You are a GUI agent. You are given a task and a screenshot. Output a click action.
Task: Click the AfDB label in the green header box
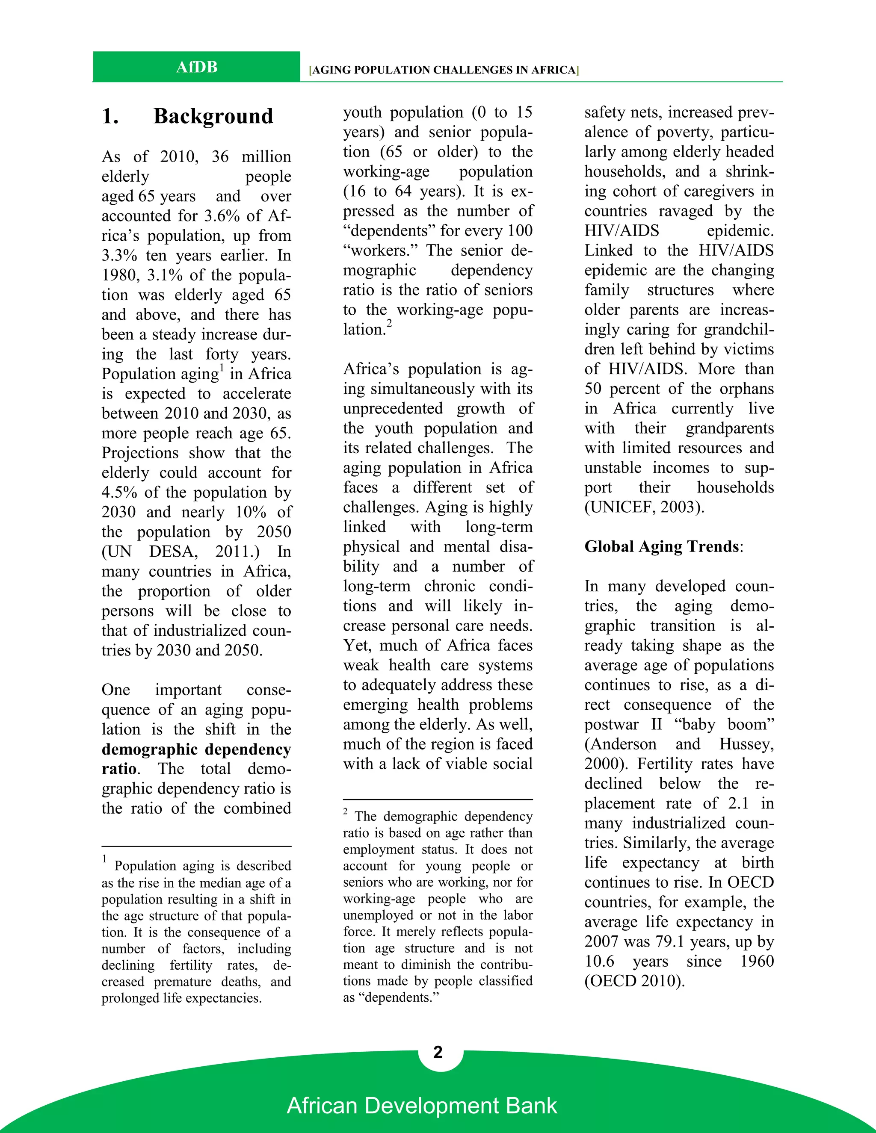pos(197,67)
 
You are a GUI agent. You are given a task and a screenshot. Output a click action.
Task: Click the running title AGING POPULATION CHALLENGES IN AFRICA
pos(444,70)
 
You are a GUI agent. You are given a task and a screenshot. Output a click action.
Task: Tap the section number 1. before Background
pos(110,116)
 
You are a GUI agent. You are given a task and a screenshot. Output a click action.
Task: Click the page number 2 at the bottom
pos(438,1052)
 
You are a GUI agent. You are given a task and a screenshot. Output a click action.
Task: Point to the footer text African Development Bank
pos(421,1106)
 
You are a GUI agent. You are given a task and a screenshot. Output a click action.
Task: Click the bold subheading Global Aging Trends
pos(662,546)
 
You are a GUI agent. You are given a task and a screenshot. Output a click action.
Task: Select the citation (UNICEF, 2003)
pos(644,507)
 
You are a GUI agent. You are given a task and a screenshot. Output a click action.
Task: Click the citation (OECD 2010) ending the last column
pos(634,981)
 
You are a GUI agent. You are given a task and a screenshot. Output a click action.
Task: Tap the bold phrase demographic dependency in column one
pos(196,749)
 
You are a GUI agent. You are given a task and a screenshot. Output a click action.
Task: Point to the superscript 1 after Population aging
pos(222,368)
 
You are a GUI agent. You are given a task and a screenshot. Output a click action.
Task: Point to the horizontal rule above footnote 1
pos(196,846)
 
